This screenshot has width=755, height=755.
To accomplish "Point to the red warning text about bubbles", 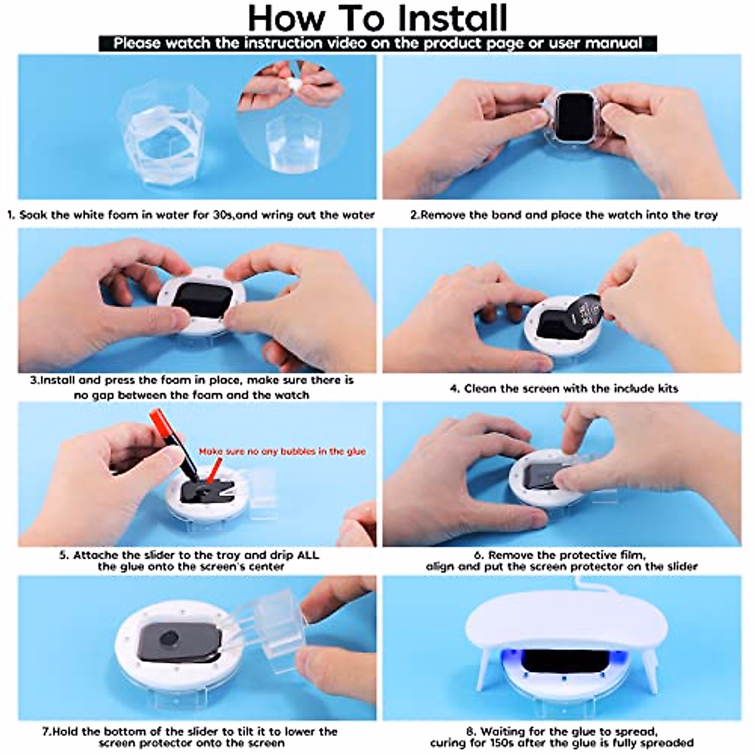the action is point(282,451).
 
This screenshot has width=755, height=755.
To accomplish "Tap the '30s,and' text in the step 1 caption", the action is point(233,215).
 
